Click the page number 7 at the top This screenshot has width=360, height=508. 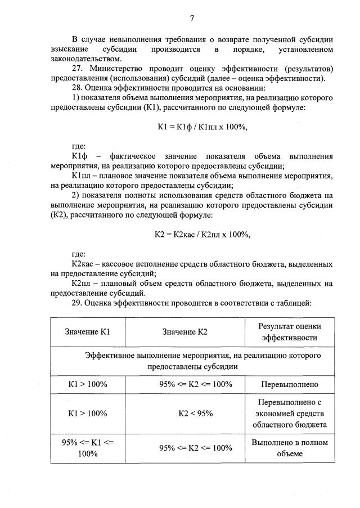click(192, 19)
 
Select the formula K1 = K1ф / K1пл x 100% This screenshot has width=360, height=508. click(202, 127)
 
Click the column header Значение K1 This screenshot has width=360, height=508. click(87, 332)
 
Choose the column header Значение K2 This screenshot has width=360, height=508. click(185, 332)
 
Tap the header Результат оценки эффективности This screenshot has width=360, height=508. click(289, 332)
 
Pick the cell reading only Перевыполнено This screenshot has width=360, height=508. click(290, 385)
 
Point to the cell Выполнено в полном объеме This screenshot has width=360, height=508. click(290, 448)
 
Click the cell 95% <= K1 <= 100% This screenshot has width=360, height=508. click(87, 448)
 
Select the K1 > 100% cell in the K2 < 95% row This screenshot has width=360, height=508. click(87, 413)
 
